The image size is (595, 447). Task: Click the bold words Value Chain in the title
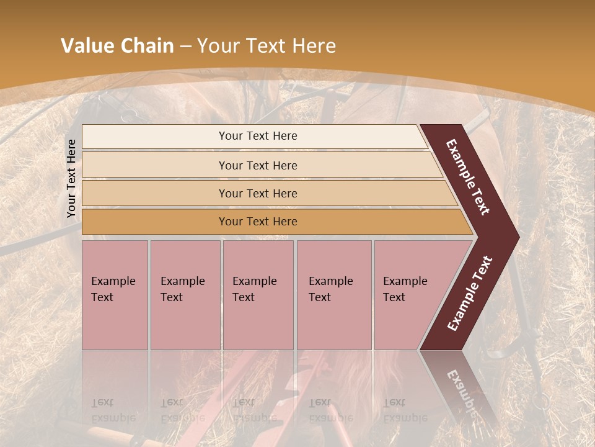[x=117, y=46]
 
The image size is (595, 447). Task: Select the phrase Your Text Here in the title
[x=267, y=46]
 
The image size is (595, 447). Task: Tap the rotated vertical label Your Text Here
[x=71, y=178]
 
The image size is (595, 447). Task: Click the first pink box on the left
[x=115, y=295]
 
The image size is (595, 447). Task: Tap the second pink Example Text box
[x=185, y=295]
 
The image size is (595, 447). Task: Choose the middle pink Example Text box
[x=258, y=295]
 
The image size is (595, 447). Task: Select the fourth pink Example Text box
[x=333, y=295]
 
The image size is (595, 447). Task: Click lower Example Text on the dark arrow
[x=470, y=294]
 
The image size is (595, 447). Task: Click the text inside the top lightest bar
[x=258, y=136]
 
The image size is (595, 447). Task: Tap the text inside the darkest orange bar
[x=258, y=222]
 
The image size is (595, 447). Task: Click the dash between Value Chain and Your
[x=185, y=47]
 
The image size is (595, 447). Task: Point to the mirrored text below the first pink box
[x=113, y=410]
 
